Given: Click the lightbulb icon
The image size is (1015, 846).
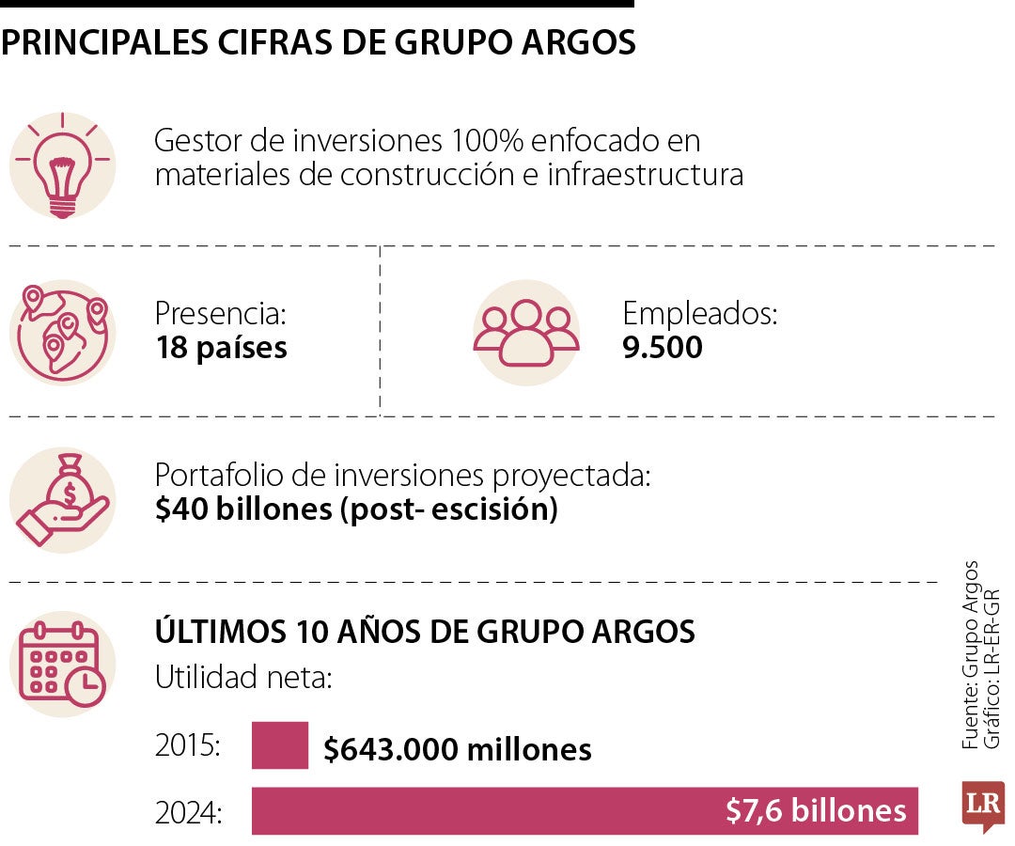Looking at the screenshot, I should (62, 165).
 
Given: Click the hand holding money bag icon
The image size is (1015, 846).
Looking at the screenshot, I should (62, 500).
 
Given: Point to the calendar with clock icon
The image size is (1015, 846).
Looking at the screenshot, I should (62, 664).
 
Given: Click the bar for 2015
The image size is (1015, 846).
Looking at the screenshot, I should (280, 745).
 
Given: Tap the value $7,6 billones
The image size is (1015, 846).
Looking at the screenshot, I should (816, 810).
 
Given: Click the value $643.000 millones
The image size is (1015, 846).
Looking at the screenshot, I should (458, 749).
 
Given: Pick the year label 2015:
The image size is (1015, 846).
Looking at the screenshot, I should (188, 748).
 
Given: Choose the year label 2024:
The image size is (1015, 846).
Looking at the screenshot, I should (189, 811).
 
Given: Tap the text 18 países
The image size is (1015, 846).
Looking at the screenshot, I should (221, 348).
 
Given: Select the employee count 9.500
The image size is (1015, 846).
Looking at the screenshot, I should (663, 348).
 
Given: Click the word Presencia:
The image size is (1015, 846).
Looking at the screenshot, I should (220, 313).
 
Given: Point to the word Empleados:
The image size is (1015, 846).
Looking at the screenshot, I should (700, 313).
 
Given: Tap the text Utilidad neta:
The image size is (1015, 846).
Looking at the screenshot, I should (242, 677).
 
